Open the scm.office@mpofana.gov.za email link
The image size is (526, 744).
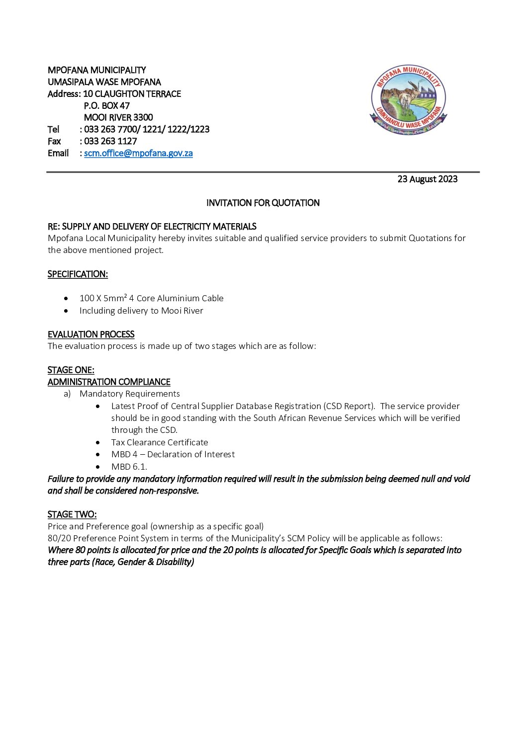tap(138, 153)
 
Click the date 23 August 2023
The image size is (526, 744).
tap(427, 179)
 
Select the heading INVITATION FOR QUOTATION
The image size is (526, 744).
tap(263, 203)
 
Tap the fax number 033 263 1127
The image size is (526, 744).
tap(110, 141)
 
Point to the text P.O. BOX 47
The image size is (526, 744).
tap(106, 105)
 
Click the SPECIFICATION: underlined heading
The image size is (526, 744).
tap(78, 274)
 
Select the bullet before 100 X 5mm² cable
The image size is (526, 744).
tap(66, 299)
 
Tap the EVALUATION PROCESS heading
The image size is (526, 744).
tap(91, 334)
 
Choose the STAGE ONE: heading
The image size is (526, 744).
tap(71, 370)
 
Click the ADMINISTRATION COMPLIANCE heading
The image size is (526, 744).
tap(109, 382)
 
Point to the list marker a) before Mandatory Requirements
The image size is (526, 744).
tap(67, 394)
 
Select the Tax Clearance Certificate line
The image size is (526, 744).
tap(160, 442)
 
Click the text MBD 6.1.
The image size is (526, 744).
tap(129, 466)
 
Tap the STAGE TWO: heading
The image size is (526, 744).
tap(72, 514)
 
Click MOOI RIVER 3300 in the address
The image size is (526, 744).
tap(118, 117)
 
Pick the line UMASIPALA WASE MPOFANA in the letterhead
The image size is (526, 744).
tap(104, 82)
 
